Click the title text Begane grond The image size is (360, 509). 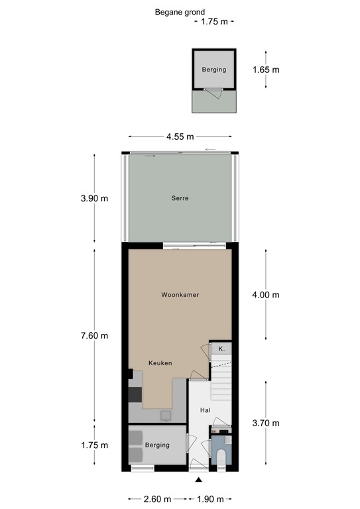pos(180,11)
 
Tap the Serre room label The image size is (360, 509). pos(180,198)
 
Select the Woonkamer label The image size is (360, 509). pos(180,294)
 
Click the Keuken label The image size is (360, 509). pos(160,363)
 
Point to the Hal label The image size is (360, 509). pos(206,410)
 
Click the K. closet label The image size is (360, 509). pos(221,349)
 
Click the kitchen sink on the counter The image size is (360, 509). pos(165,416)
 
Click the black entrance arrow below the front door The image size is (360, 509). pos(198,479)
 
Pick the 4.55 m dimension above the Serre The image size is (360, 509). pos(180,137)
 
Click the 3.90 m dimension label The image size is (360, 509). pos(93,198)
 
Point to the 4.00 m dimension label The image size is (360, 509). pos(266,295)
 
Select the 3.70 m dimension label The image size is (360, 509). pos(266,424)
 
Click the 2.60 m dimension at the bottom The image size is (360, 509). pos(158,499)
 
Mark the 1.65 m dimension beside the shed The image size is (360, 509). pos(266,70)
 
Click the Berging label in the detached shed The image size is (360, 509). pos(213,70)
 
